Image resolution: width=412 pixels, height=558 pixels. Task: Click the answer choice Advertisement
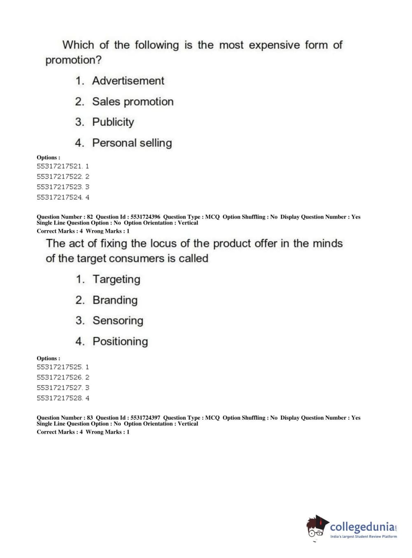click(x=128, y=81)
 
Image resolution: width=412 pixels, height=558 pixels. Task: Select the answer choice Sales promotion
click(x=133, y=102)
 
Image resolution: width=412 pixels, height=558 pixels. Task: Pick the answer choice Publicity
click(x=113, y=122)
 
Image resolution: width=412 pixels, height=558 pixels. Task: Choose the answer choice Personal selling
click(x=132, y=143)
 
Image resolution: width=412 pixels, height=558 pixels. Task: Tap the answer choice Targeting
click(x=116, y=279)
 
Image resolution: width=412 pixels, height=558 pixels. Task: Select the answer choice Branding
click(x=115, y=300)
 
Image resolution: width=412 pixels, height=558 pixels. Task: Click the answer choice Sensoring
click(x=118, y=321)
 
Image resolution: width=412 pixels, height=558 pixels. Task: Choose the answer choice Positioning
click(x=120, y=342)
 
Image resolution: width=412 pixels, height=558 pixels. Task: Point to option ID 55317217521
click(x=59, y=166)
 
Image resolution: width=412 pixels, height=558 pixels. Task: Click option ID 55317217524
click(x=59, y=197)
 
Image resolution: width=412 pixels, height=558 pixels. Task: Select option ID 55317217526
click(x=59, y=377)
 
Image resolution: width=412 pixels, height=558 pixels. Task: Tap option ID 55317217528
click(x=59, y=398)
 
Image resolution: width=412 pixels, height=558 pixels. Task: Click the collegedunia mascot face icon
click(x=317, y=527)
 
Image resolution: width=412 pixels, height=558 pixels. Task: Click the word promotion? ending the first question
click(x=73, y=60)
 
